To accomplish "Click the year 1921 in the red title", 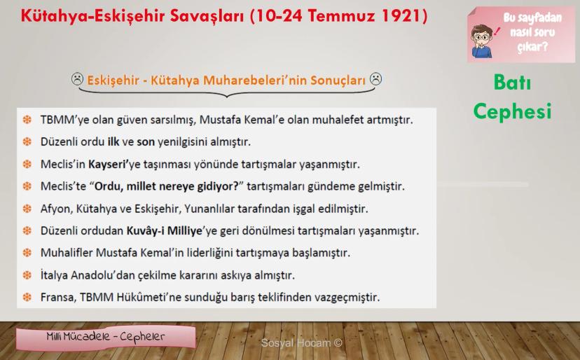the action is tap(401, 16).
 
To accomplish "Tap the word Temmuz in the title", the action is tap(341, 16).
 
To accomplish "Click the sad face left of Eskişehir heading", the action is tap(77, 79).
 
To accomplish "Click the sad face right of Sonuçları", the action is tap(376, 78).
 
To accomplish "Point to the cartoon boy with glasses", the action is tap(482, 41).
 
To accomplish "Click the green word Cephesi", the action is tap(512, 111).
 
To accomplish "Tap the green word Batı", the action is tap(512, 82).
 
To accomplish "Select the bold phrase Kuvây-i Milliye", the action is tap(164, 231).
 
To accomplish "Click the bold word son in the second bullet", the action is tap(146, 141).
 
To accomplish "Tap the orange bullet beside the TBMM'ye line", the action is tap(27, 120).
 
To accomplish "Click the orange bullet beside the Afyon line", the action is tap(27, 209).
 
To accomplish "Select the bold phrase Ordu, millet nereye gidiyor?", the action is tap(167, 186).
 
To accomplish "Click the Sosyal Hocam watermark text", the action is tap(301, 343).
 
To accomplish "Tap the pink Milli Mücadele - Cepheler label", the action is tap(106, 338).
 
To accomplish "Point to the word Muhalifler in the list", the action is tap(67, 253).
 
